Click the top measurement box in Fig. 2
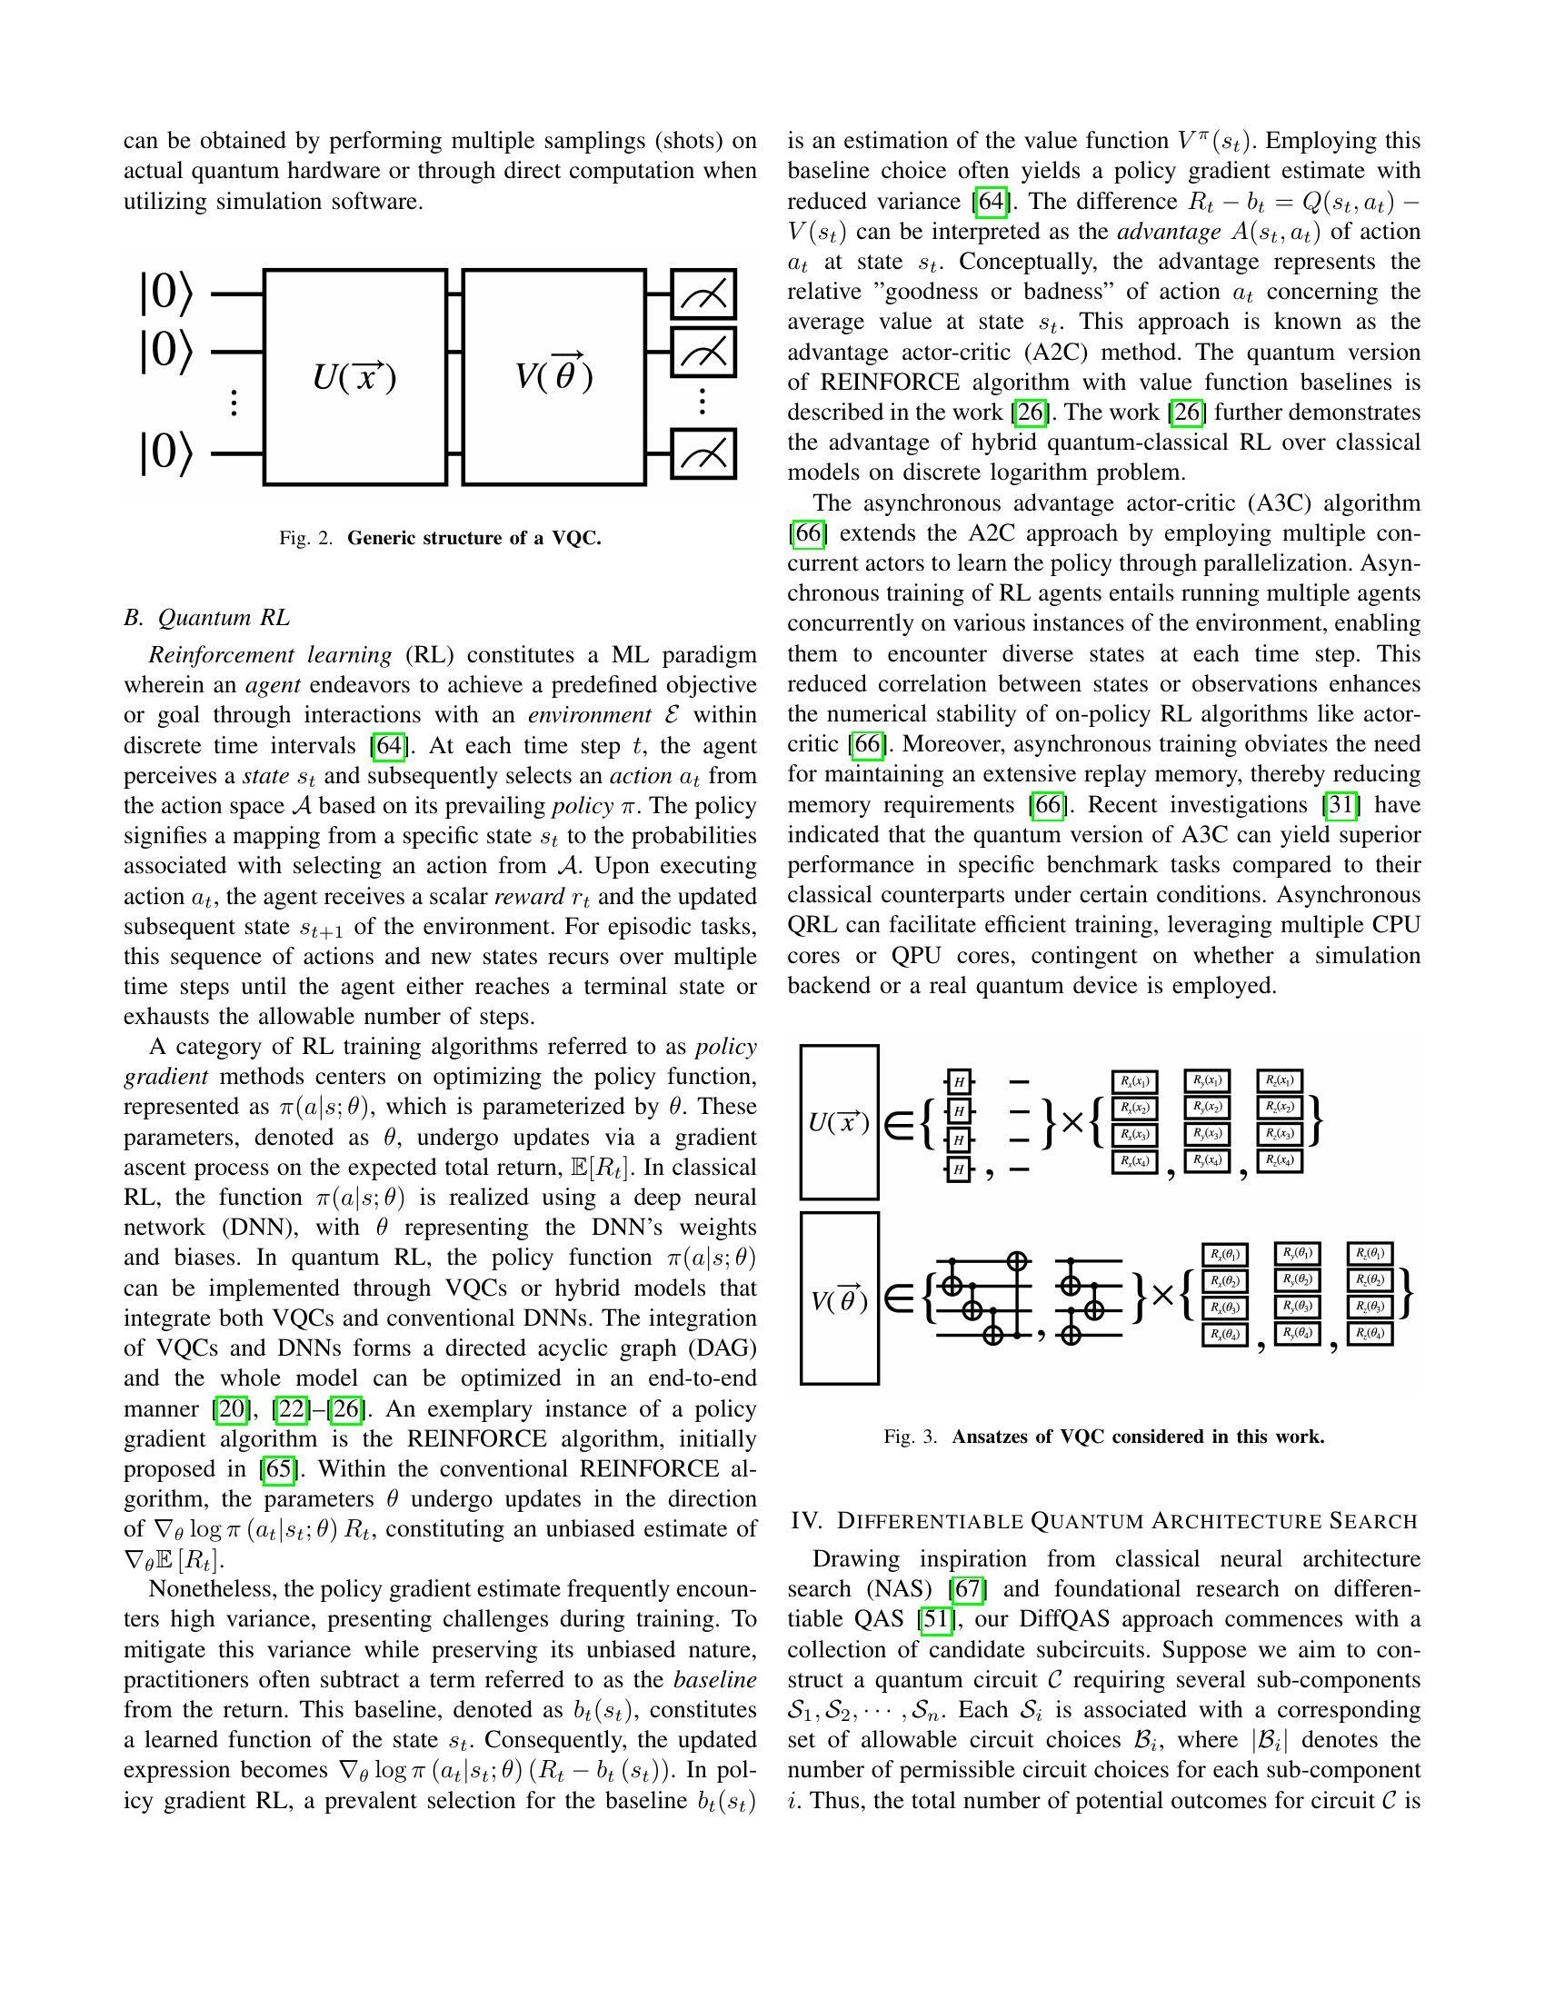703,293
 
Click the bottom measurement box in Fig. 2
703,453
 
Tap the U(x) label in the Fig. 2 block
354,376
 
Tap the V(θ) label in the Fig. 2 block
553,374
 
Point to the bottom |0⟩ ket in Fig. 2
165,453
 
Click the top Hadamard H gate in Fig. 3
958,1082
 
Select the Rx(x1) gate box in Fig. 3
1135,1081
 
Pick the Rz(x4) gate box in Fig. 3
1279,1160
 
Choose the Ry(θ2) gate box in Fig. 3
1297,1279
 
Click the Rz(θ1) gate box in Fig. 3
1371,1253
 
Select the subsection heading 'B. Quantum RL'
207,618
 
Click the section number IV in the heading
806,1521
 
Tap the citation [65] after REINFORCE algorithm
276,1469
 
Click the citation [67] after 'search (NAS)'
969,1590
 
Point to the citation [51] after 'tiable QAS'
935,1620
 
